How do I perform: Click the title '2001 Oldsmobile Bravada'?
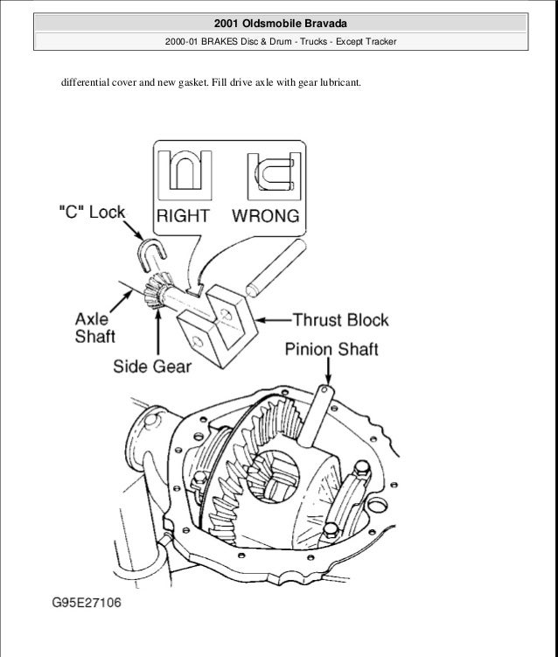(x=278, y=21)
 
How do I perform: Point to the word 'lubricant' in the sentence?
(x=333, y=84)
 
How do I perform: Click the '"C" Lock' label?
(x=91, y=213)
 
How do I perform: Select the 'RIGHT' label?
(x=185, y=214)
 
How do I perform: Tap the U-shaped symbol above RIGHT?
(x=185, y=171)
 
